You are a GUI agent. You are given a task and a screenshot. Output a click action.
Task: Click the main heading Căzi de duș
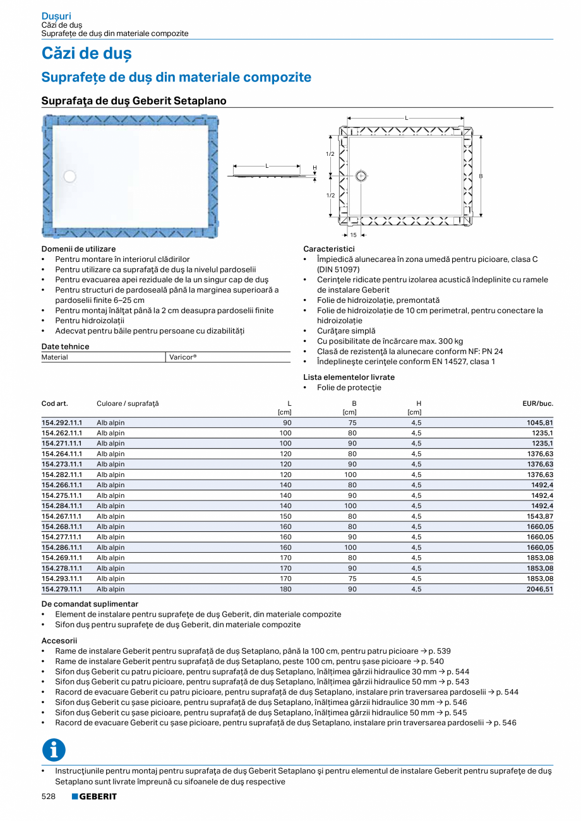(x=87, y=54)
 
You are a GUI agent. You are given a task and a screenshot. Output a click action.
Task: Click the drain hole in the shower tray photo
(x=70, y=177)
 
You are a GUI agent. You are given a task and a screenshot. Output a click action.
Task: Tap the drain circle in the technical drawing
(x=361, y=177)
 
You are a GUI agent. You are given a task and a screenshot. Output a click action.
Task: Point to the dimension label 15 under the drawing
(x=354, y=235)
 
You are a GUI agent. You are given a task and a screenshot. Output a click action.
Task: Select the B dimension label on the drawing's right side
(x=481, y=177)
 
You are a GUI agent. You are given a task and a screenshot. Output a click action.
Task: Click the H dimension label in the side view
(x=314, y=167)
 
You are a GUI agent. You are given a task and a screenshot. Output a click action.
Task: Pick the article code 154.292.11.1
(x=62, y=423)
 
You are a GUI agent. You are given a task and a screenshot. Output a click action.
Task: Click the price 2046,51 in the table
(x=540, y=589)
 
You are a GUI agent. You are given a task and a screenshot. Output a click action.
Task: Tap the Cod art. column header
(x=54, y=403)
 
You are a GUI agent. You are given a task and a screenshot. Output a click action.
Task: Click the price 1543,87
(x=540, y=516)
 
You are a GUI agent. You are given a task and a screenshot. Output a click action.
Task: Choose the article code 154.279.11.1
(x=62, y=589)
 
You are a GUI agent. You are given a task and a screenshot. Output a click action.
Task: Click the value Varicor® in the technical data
(x=183, y=357)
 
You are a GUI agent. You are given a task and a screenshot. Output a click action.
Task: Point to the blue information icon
(x=54, y=750)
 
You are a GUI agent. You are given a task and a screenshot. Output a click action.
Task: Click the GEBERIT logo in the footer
(x=94, y=796)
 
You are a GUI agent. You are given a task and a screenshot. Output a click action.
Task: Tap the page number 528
(x=49, y=796)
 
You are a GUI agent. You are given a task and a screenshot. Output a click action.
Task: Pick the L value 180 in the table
(x=285, y=589)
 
